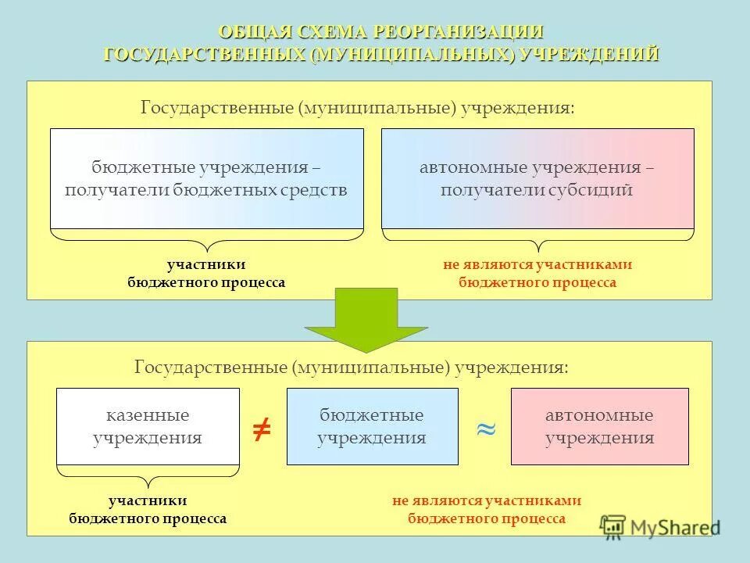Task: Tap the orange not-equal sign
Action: (x=262, y=427)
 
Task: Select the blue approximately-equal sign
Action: (x=485, y=428)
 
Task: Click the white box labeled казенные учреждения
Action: (x=148, y=426)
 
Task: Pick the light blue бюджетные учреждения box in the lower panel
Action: (x=372, y=426)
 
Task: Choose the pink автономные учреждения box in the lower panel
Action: (x=599, y=426)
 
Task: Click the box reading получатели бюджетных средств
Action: (x=207, y=178)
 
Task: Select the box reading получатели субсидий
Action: (x=537, y=178)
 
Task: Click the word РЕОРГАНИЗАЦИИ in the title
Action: (x=459, y=33)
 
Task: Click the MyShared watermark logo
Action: (x=660, y=526)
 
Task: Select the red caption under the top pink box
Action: (x=537, y=274)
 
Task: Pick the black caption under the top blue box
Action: (x=206, y=274)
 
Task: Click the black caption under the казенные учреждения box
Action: (x=148, y=509)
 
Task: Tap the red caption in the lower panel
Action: (x=487, y=509)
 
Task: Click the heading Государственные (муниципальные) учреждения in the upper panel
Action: (x=357, y=107)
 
